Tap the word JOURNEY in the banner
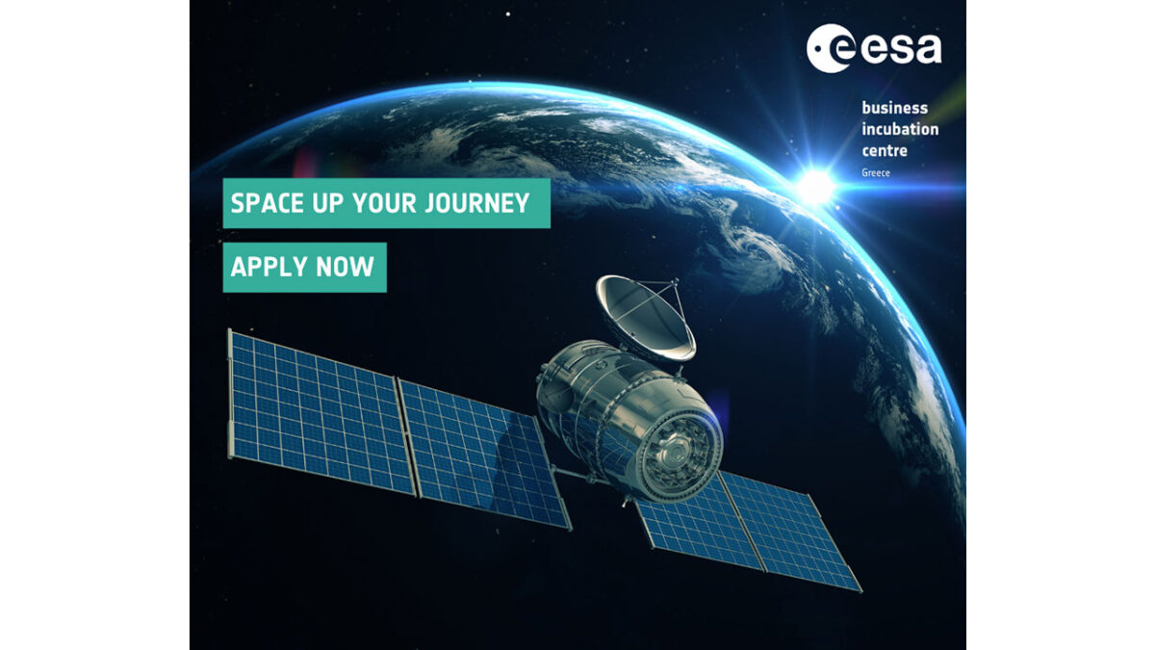click(x=477, y=203)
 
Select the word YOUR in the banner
click(x=384, y=203)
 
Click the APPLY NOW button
click(x=305, y=268)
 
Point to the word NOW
click(x=345, y=267)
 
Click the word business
click(x=894, y=108)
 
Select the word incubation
click(x=900, y=129)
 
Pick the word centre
click(x=885, y=150)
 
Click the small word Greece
click(x=876, y=172)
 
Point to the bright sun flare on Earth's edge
click(x=816, y=187)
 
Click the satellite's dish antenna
click(x=645, y=318)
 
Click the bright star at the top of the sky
click(x=508, y=14)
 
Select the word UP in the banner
click(x=328, y=203)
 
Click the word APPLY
click(x=269, y=267)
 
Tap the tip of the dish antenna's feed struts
click(x=675, y=281)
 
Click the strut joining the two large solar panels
click(x=406, y=437)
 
